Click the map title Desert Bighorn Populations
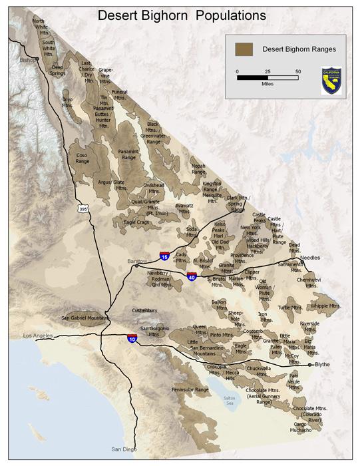coord(182,14)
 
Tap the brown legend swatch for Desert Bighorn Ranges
coord(244,49)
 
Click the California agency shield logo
coord(331,80)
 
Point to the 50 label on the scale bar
coord(298,71)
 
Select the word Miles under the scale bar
coord(268,85)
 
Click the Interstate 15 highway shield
coord(164,256)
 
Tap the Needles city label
coord(310,258)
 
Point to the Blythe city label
coord(322,364)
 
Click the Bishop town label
coord(29,59)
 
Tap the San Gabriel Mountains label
coord(85,318)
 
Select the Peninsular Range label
coord(190,389)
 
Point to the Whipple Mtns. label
coord(325,306)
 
